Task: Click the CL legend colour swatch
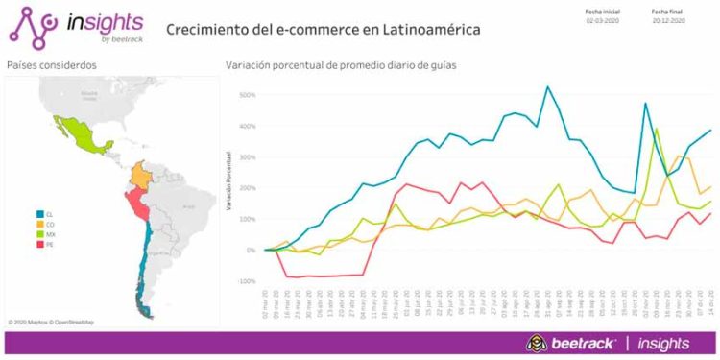click(x=36, y=214)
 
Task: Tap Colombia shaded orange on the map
click(x=142, y=176)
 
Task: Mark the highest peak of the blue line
click(x=548, y=86)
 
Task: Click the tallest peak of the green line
click(x=657, y=129)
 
